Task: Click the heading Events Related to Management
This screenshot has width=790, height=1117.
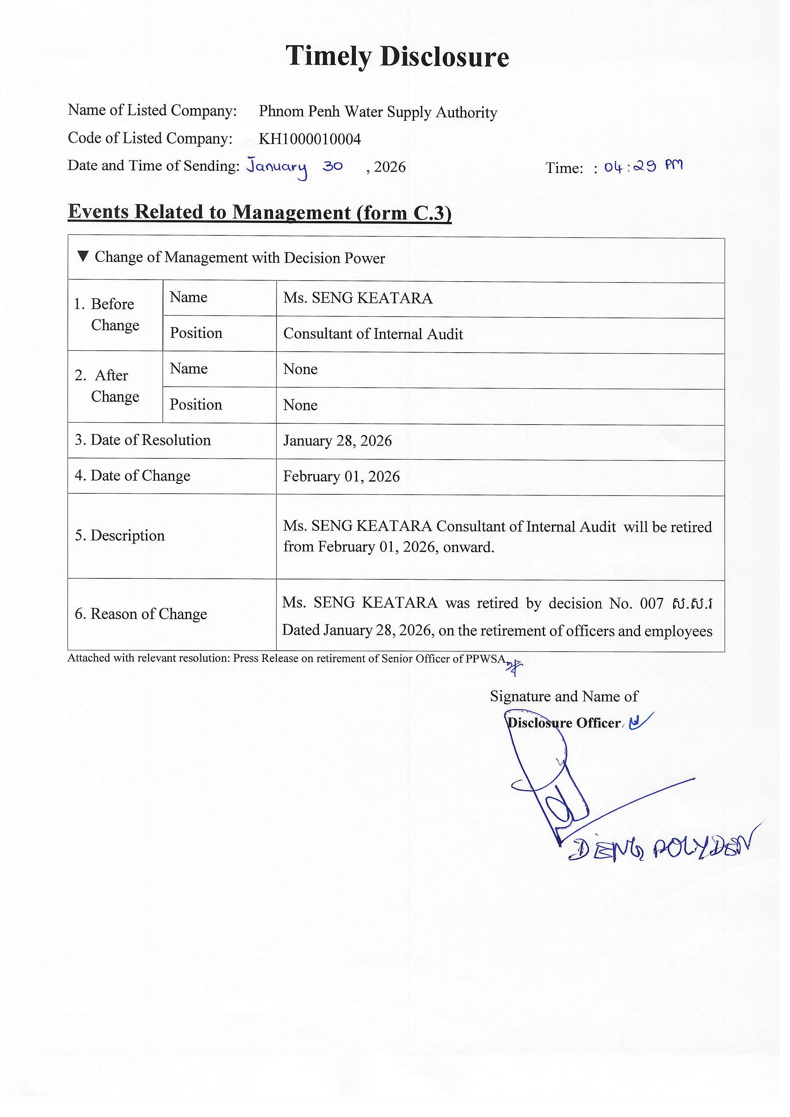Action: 259,212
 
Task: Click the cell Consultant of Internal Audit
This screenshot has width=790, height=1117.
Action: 373,334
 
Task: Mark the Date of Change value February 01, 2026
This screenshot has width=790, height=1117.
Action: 341,476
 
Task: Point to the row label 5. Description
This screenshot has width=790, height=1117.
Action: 120,536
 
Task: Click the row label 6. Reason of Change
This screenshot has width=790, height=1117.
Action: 140,614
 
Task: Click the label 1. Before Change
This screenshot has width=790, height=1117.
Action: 107,314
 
